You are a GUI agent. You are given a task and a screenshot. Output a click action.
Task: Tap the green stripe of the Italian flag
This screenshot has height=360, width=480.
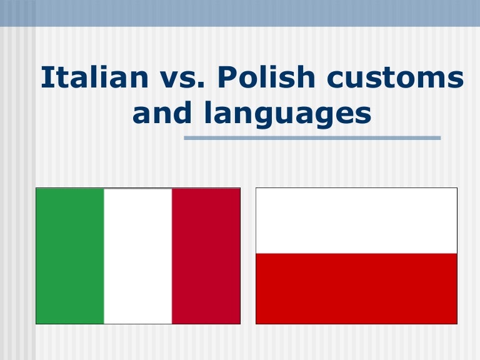tap(70, 256)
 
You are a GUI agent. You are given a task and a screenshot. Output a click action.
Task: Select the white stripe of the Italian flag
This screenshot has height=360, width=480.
tap(137, 256)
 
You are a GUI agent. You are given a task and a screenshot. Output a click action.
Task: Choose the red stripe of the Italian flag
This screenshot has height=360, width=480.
tap(206, 256)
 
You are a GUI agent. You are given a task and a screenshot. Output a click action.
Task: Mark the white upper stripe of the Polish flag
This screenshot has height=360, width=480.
tap(356, 221)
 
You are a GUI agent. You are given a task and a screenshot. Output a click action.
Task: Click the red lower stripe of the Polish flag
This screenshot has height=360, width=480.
tap(356, 288)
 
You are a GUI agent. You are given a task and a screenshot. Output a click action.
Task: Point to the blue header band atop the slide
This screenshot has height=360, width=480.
tap(240, 12)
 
